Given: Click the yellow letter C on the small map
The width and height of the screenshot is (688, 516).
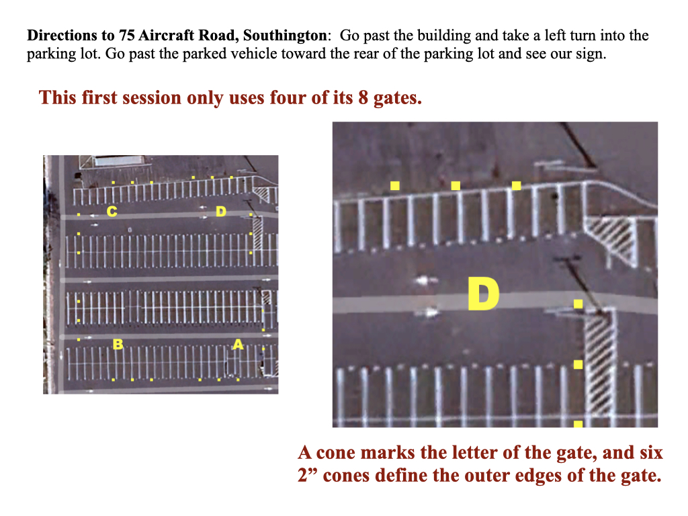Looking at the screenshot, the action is point(112,212).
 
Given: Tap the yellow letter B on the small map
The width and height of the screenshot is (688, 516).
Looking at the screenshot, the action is point(118,344).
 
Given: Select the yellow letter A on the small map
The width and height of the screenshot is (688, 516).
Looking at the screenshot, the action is point(238,344).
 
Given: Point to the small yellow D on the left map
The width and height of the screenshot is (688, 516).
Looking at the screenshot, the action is point(220,212).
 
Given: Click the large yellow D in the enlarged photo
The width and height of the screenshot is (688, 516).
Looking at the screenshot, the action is point(483,294).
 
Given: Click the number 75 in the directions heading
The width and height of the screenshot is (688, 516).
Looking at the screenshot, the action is point(127,35).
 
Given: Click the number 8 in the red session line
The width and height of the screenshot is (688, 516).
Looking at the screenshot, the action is point(363,97).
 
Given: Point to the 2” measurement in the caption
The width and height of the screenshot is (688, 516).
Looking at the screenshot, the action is point(308,475).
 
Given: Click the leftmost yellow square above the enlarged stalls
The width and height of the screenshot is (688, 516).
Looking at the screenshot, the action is point(395,185).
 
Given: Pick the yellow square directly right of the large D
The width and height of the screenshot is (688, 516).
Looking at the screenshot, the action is point(578,304).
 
